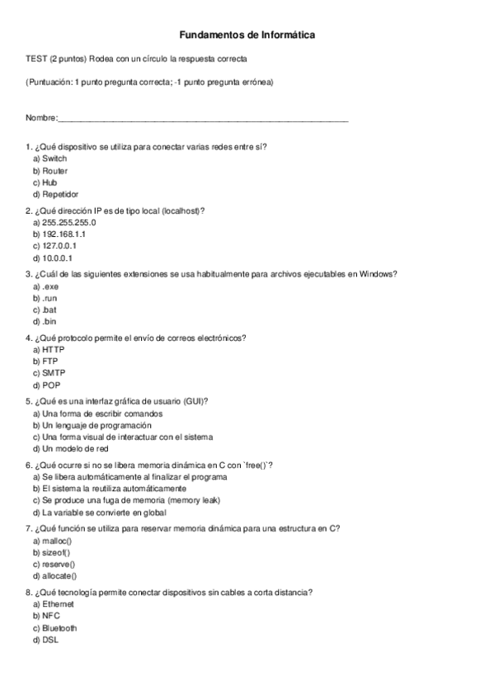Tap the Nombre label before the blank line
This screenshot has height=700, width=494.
41,120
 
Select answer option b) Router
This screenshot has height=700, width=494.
50,170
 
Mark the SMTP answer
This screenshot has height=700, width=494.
49,373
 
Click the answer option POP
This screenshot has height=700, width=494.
47,385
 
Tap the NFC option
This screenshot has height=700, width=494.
47,616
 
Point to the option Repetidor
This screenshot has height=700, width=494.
55,194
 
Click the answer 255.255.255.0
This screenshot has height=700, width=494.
64,222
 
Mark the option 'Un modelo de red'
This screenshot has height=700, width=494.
71,448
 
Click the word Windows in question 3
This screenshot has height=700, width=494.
379,274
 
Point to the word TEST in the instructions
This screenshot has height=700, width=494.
36,59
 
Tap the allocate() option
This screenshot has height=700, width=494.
53,575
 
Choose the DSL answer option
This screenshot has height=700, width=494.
46,640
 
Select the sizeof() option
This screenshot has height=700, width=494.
51,551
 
